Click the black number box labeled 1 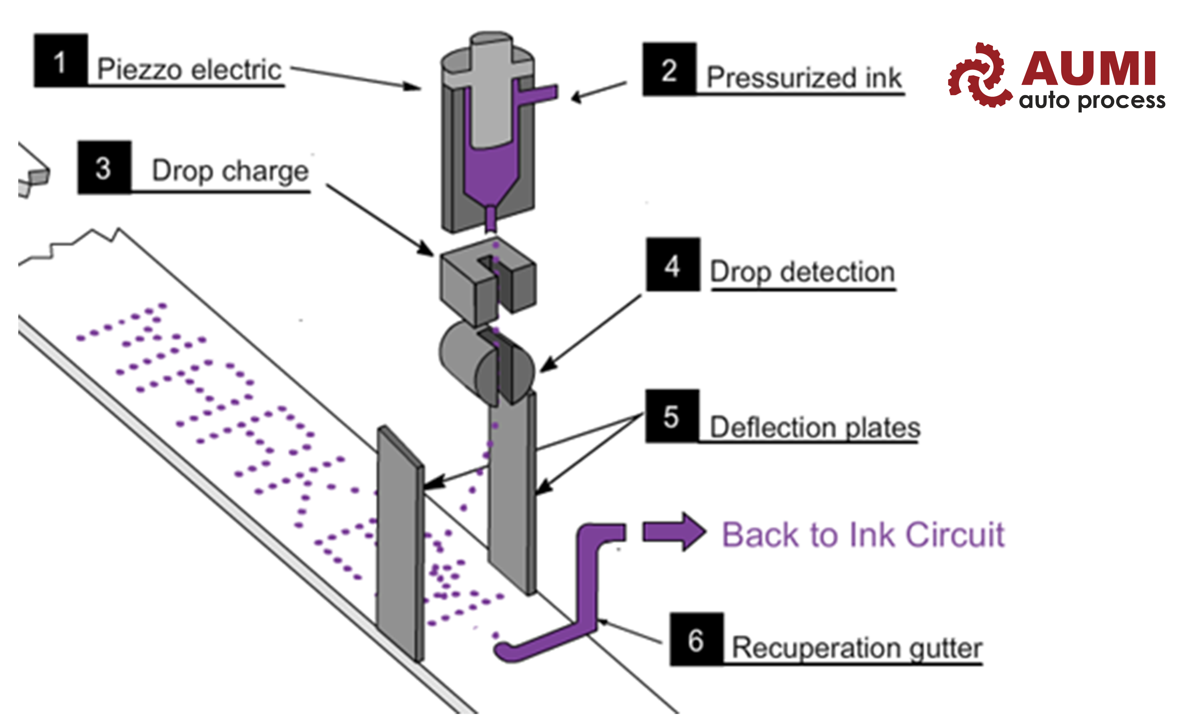pyautogui.click(x=60, y=60)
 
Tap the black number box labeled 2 pyautogui.click(x=669, y=69)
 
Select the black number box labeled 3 pyautogui.click(x=104, y=168)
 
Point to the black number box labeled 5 pyautogui.click(x=672, y=416)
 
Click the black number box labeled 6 pyautogui.click(x=696, y=639)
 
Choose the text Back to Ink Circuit pyautogui.click(x=863, y=535)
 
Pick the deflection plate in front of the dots pyautogui.click(x=400, y=543)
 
